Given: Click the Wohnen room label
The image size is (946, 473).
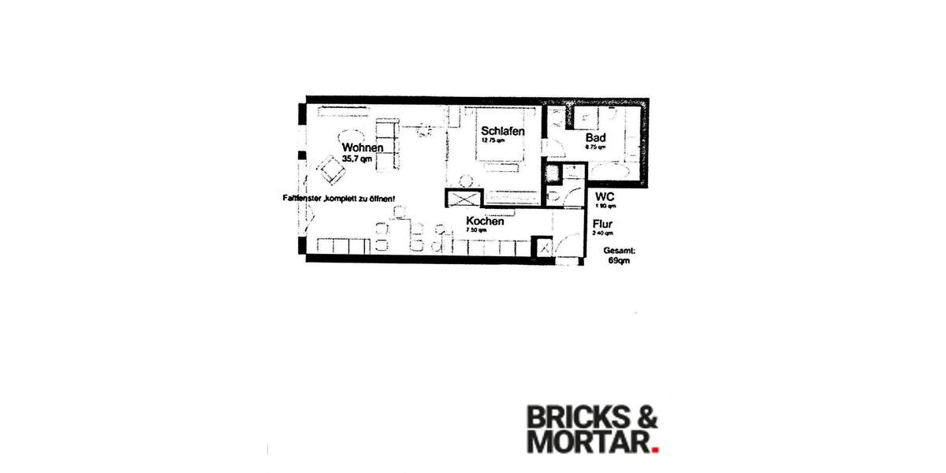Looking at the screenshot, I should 363,147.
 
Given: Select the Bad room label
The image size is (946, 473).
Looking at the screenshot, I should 595,136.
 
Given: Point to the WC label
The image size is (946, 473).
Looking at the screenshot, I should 605,196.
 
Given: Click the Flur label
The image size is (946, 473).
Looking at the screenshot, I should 603,224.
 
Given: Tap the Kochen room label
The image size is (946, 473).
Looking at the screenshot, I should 485,222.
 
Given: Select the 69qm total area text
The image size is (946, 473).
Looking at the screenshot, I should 619,260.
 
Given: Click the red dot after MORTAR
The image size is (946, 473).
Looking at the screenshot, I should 654,450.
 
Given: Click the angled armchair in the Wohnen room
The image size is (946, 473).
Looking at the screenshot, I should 330,166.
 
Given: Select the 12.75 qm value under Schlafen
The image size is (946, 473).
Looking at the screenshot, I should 493,141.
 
